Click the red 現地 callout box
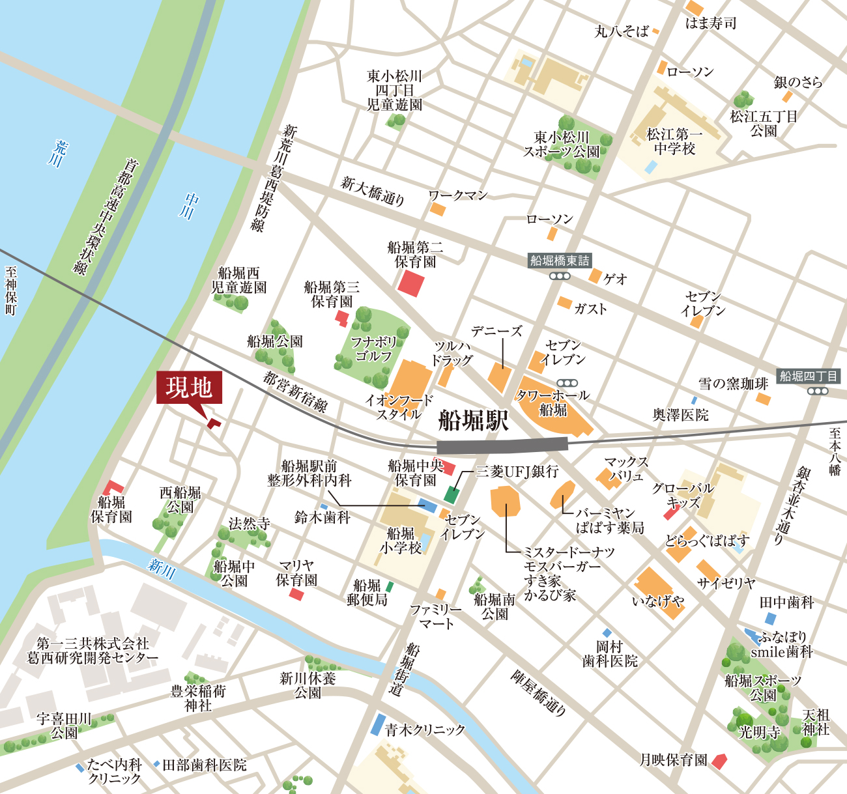(189, 388)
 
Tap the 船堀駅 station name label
(474, 421)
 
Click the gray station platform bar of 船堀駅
(502, 446)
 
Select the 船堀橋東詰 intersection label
(560, 261)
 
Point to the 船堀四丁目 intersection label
(808, 376)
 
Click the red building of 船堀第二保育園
(411, 283)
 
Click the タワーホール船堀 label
(553, 403)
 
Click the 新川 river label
(161, 569)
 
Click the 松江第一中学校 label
(674, 141)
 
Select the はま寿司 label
(711, 23)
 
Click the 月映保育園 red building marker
(719, 761)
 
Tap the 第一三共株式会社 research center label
(93, 651)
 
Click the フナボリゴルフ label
(373, 348)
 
